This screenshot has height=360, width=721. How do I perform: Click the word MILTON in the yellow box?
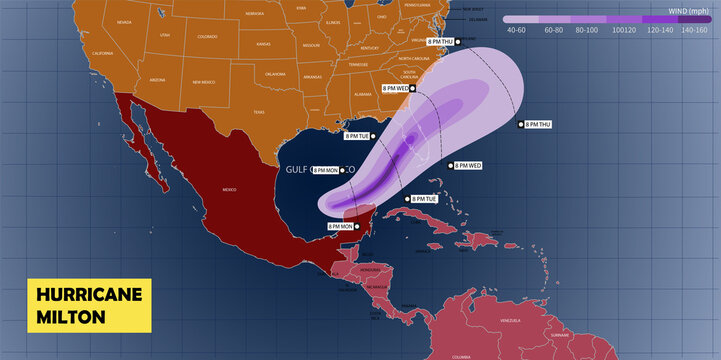(69, 316)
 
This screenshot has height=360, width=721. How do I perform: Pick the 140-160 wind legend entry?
(694, 30)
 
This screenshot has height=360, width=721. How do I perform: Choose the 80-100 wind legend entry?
(589, 30)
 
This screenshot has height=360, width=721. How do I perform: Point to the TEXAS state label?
(259, 112)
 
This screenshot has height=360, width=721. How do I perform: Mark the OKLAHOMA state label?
(276, 73)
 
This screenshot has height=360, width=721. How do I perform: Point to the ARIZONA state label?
(157, 79)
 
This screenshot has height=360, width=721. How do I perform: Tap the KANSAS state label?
(263, 45)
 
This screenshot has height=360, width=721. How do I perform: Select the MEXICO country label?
(228, 189)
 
